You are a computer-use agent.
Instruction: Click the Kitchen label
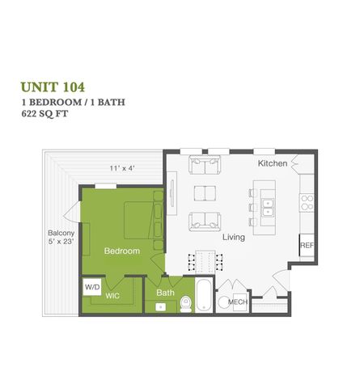pos(272,163)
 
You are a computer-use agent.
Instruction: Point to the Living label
pos(235,238)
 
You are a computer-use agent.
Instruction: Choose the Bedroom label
pos(121,251)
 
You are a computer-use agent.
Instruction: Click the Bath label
pos(165,293)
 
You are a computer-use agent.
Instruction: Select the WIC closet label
pos(113,297)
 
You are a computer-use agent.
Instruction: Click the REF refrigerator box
pos(307,245)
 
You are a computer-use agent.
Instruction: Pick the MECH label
pos(237,302)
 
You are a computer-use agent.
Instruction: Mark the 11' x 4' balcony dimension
pos(124,168)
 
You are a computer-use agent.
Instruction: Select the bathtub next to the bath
pos(202,296)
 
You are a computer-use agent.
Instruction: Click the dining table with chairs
pos(204,261)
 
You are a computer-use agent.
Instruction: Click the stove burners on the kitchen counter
pos(307,202)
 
